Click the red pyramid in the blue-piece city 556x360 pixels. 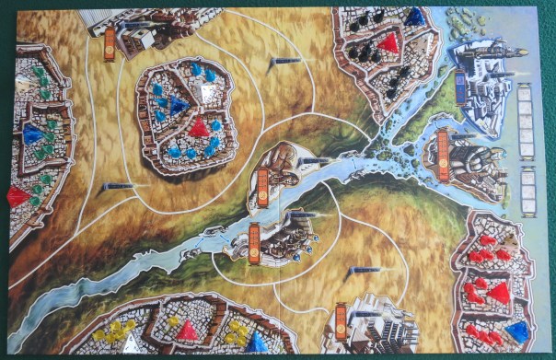[x=198, y=126]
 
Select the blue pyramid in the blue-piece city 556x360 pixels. [x=178, y=104]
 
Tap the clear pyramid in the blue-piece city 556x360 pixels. [x=211, y=92]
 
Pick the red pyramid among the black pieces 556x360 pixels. [x=388, y=42]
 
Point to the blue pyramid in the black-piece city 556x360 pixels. [x=416, y=16]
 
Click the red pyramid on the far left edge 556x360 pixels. [x=17, y=196]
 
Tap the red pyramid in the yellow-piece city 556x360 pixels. [x=188, y=330]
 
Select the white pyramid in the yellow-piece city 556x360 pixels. [x=132, y=343]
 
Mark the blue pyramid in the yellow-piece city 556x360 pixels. [x=255, y=343]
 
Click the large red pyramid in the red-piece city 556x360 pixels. [x=500, y=294]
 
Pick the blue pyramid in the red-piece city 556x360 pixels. [x=517, y=331]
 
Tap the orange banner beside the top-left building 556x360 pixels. [x=110, y=43]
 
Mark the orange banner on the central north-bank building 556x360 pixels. [x=263, y=182]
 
